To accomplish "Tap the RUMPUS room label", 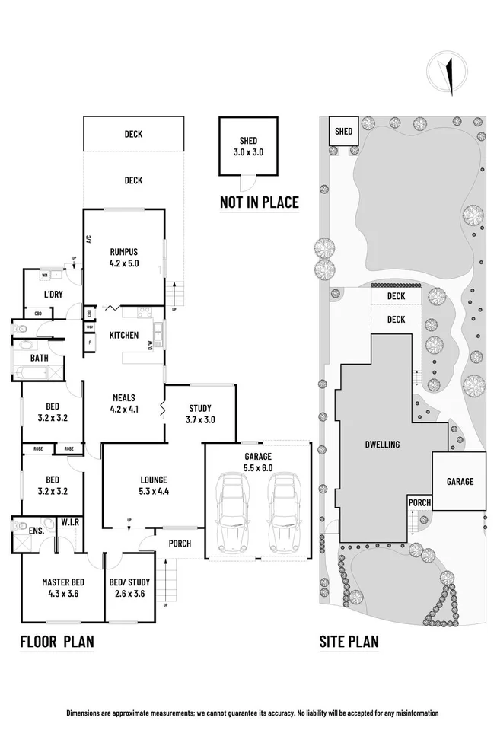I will [x=123, y=252].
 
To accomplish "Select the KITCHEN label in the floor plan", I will [x=123, y=335].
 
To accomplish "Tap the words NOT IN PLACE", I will [x=259, y=202].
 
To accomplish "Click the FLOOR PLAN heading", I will [x=57, y=642].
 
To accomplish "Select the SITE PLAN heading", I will [x=349, y=642].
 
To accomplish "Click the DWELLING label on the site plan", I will [x=382, y=445].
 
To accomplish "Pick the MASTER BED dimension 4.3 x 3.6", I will [x=62, y=594].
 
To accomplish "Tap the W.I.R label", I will [x=72, y=521].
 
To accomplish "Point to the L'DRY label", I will [x=53, y=295].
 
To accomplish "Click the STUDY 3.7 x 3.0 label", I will [x=200, y=413].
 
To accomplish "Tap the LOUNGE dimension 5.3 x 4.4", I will [x=153, y=490].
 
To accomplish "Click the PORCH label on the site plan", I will [x=419, y=503].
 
